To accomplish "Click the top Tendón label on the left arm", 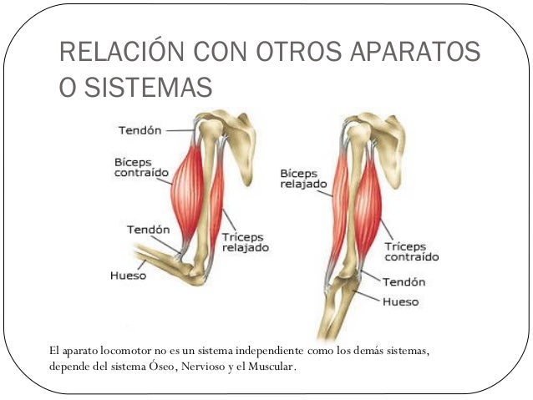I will (140, 130).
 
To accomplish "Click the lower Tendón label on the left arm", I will (148, 229).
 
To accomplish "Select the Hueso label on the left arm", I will (128, 275).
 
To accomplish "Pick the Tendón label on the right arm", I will (404, 282).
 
